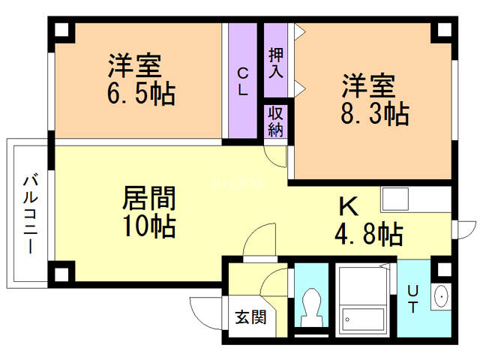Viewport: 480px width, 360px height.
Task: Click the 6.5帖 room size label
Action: pyautogui.click(x=141, y=93)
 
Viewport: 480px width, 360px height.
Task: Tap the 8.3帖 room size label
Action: pyautogui.click(x=375, y=113)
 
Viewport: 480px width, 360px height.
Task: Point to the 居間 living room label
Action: pyautogui.click(x=149, y=198)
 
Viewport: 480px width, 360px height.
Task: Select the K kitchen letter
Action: pyautogui.click(x=349, y=207)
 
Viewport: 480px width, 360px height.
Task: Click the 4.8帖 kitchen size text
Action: pyautogui.click(x=368, y=234)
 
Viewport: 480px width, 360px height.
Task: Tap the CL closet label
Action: pyautogui.click(x=243, y=82)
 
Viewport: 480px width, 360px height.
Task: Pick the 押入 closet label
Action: pyautogui.click(x=275, y=63)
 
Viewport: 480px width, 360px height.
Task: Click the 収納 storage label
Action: pyautogui.click(x=275, y=121)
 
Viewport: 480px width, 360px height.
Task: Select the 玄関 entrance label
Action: pyautogui.click(x=250, y=317)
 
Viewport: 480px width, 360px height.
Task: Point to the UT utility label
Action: pyautogui.click(x=412, y=299)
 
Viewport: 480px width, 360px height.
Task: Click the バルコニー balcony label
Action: pyautogui.click(x=31, y=214)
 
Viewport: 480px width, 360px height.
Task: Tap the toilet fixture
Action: pyautogui.click(x=311, y=307)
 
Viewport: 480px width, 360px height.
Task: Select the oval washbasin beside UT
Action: pyautogui.click(x=441, y=296)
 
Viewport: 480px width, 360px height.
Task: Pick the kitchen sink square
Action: pyautogui.click(x=395, y=199)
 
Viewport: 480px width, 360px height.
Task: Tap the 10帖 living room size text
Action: pyautogui.click(x=149, y=226)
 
